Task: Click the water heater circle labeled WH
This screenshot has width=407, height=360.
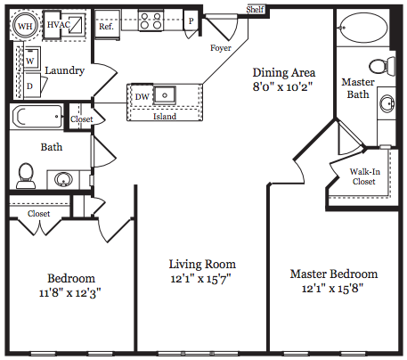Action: click(25, 26)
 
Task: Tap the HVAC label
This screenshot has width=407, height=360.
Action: click(59, 25)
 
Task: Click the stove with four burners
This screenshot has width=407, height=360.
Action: click(151, 20)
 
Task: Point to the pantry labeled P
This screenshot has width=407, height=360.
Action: click(191, 20)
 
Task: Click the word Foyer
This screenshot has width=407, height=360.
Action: click(221, 48)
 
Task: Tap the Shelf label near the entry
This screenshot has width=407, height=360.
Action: click(255, 9)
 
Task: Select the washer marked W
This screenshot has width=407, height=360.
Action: click(31, 59)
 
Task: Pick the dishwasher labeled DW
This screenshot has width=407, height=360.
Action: click(142, 96)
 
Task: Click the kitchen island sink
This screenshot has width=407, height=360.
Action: click(165, 95)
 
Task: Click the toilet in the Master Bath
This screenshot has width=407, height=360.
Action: click(382, 66)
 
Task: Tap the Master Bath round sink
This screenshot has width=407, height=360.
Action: click(387, 103)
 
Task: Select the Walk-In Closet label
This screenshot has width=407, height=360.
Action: click(364, 176)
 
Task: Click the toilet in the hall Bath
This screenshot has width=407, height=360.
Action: click(26, 176)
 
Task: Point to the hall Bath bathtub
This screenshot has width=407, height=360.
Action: click(37, 117)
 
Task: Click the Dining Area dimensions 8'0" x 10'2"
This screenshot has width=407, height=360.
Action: click(282, 87)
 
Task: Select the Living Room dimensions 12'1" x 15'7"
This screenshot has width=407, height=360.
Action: click(200, 279)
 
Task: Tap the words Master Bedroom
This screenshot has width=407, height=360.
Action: click(334, 274)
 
